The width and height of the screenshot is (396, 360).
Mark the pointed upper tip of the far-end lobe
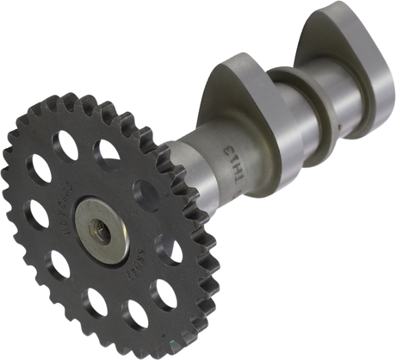(320, 13)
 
